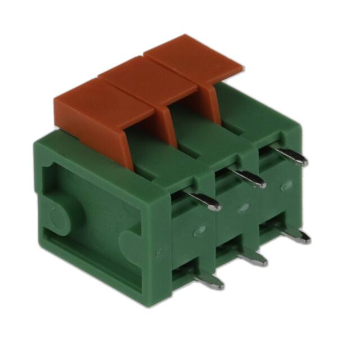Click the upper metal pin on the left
point(205,202)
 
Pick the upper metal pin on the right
point(292,157)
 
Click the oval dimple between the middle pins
point(243,208)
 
